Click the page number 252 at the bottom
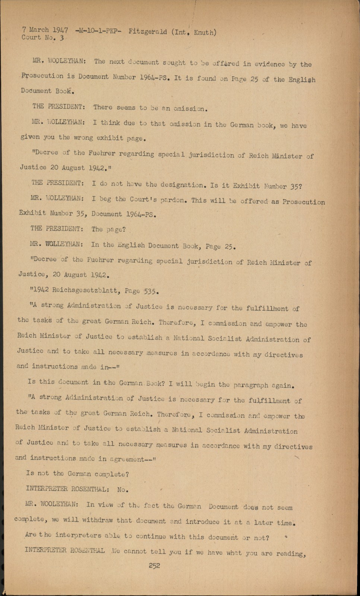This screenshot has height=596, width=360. coord(154,565)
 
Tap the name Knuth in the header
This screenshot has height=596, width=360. coord(204,32)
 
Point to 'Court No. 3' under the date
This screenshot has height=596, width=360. coord(42,37)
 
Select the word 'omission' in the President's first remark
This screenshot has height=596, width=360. coord(189,109)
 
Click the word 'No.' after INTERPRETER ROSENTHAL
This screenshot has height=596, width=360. coord(122,489)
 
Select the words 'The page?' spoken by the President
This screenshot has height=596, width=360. coord(108,229)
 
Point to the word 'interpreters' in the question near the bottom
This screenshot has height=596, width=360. coord(78,535)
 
